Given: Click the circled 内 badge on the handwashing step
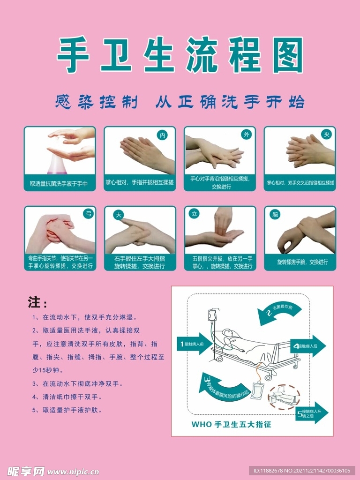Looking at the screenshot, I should coord(163,135).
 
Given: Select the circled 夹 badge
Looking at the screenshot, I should coord(326,135).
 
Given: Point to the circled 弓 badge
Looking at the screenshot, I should coord(88,214).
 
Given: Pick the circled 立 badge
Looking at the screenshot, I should coord(194,214).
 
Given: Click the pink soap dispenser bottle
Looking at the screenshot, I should coord(55,162).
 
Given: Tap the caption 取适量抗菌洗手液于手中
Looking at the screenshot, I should coord(59,183).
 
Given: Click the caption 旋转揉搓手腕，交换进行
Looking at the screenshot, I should coord(300,262).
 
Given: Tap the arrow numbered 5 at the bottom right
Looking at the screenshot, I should coord(312,413).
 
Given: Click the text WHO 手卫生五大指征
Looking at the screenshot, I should coord(232,425).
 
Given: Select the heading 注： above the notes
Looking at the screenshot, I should coord(37,302).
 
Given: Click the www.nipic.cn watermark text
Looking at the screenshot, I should coord(74,471).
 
